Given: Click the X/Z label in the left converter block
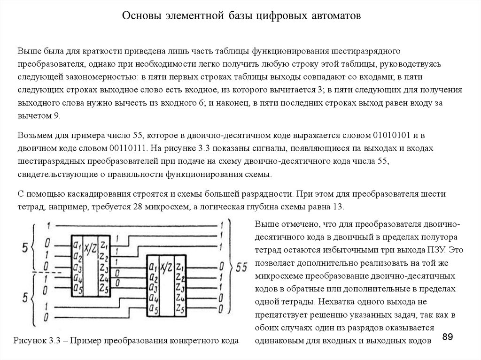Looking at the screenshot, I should (90, 246).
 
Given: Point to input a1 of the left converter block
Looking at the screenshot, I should (77, 244).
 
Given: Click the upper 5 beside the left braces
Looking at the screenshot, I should (26, 246).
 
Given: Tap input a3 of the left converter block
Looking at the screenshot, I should (77, 268).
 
